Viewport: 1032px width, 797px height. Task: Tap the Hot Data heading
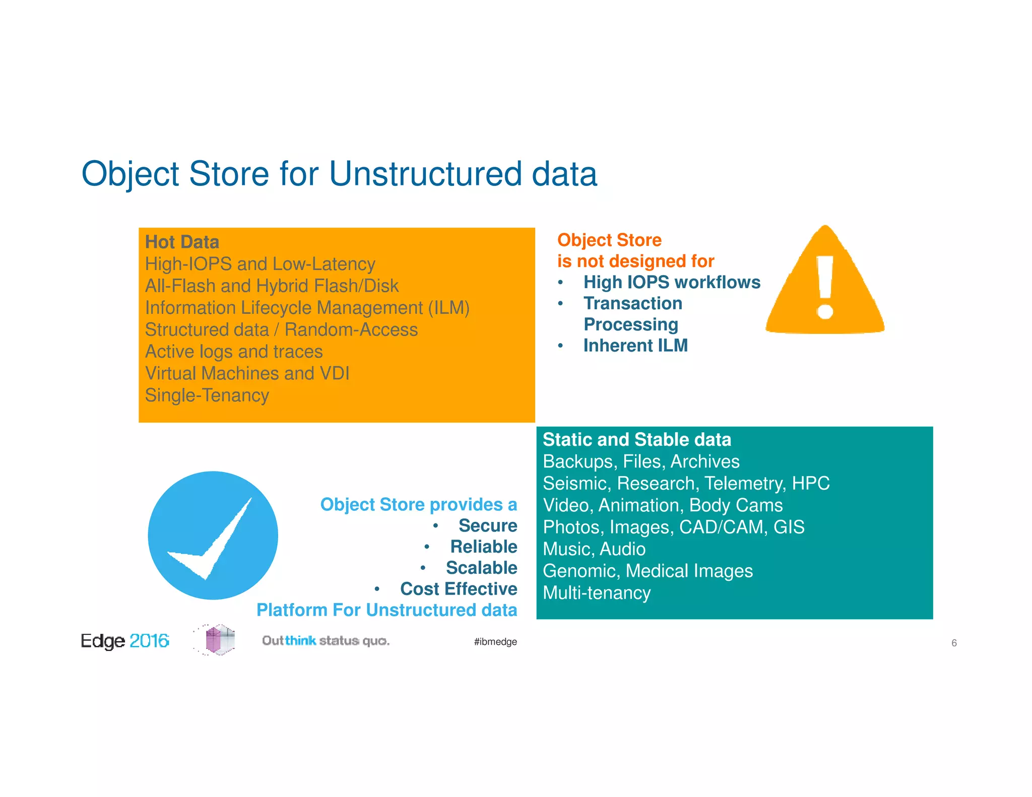[182, 242]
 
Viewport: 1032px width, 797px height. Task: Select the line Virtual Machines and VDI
[247, 373]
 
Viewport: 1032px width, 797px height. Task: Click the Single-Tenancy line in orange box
[207, 395]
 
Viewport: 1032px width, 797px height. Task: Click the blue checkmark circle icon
[213, 536]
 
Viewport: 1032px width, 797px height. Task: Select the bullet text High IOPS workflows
[671, 282]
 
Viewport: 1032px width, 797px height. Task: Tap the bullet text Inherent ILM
[635, 346]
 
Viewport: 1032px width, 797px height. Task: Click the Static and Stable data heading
[636, 440]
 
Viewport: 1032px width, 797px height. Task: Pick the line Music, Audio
[594, 549]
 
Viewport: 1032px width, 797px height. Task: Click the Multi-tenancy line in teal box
[596, 593]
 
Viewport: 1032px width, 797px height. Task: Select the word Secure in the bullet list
[487, 525]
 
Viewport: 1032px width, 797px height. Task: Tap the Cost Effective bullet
[458, 589]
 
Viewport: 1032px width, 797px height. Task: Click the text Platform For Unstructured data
[386, 610]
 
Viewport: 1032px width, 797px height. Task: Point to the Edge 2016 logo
[124, 641]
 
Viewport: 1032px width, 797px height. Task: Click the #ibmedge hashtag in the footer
[495, 642]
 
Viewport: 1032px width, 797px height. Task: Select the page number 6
[953, 643]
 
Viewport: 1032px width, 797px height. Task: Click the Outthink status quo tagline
[326, 641]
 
